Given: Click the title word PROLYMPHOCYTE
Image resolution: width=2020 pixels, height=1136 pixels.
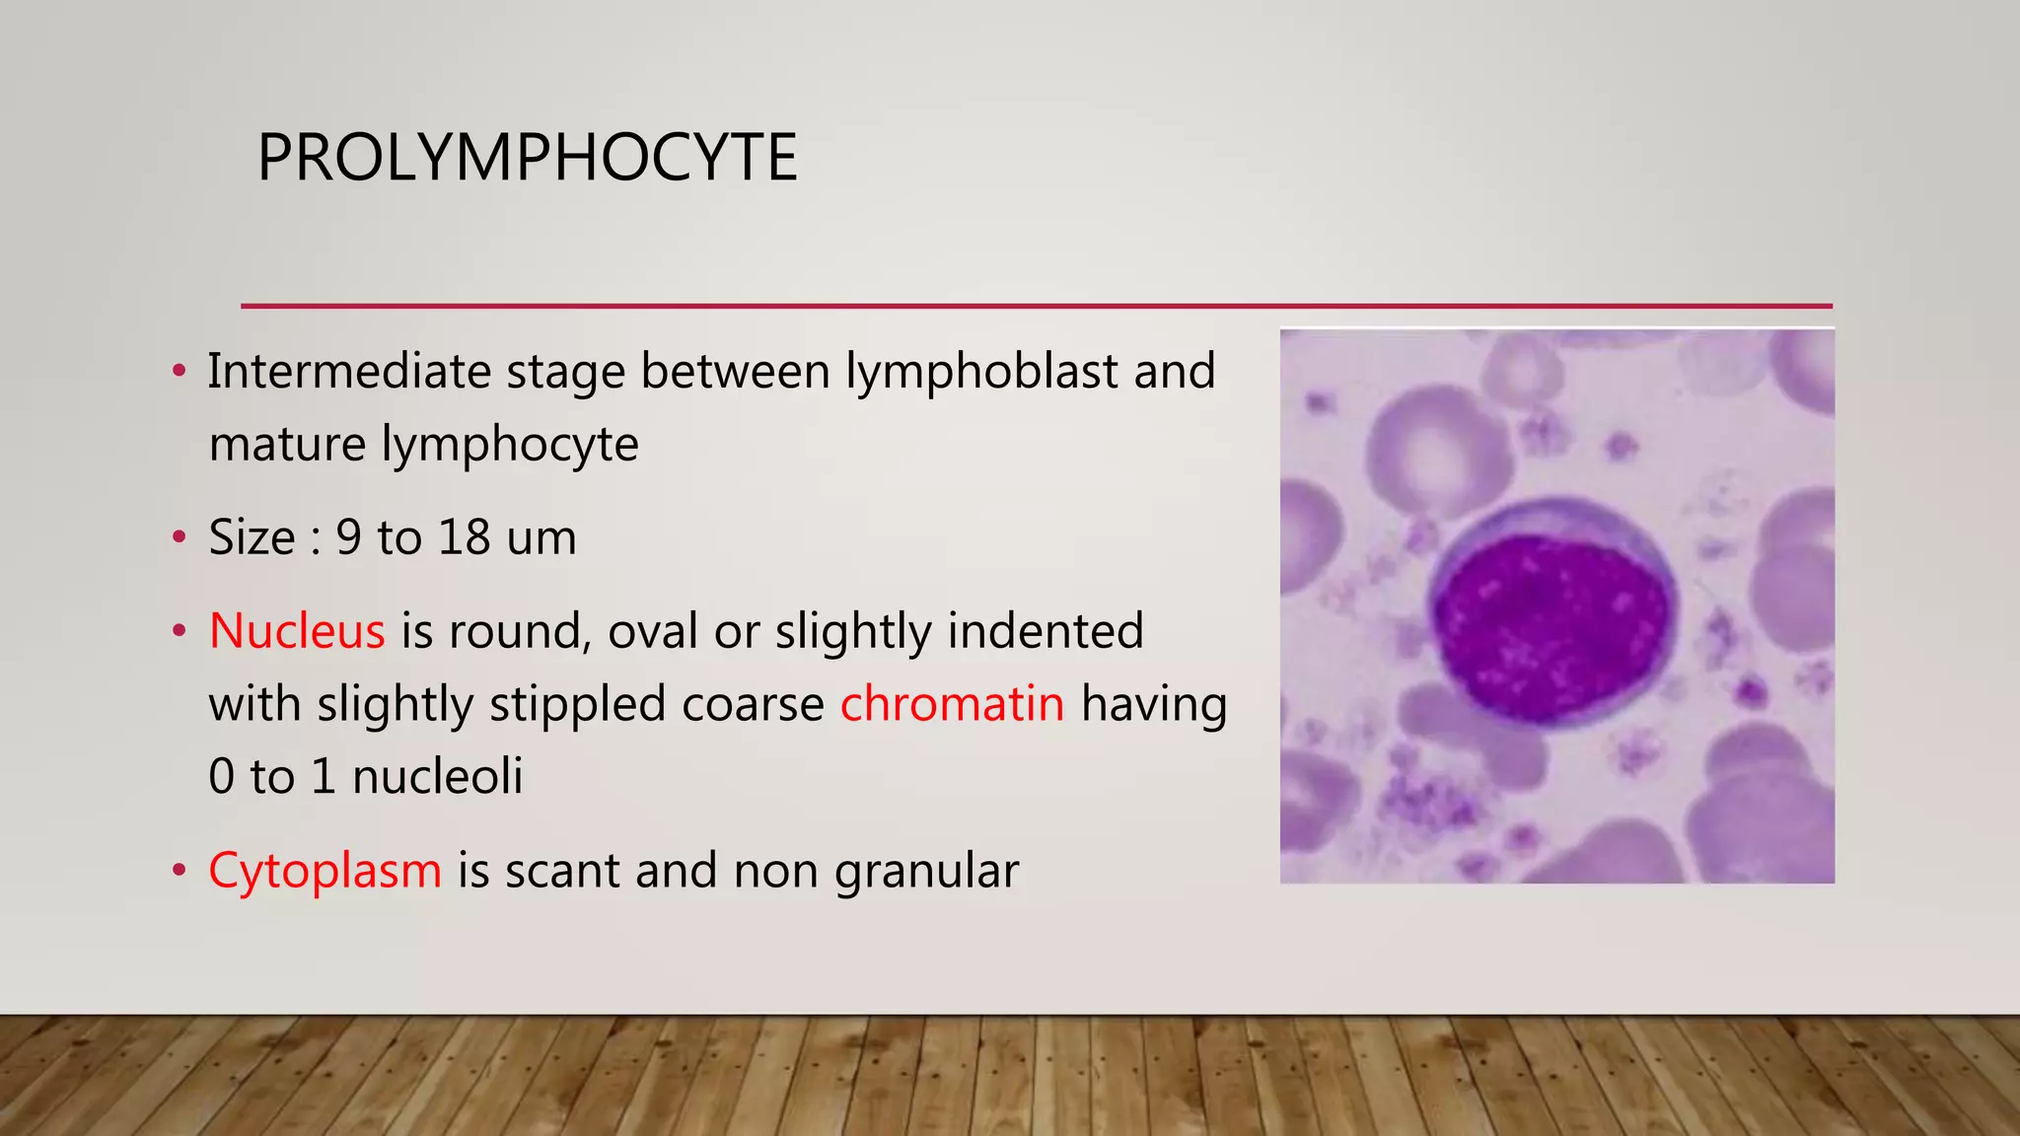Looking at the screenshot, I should [x=527, y=158].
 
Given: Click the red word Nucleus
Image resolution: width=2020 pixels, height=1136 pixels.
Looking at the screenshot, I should [x=297, y=631].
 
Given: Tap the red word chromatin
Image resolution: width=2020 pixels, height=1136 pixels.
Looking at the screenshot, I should [x=952, y=704].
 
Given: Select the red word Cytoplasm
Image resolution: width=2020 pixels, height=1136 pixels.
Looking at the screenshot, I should [x=325, y=871].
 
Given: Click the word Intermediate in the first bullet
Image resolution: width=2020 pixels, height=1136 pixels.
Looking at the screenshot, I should [x=349, y=372].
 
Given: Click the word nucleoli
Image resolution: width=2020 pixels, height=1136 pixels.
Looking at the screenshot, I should [x=437, y=776].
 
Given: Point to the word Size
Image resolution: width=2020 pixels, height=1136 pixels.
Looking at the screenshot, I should [x=252, y=537].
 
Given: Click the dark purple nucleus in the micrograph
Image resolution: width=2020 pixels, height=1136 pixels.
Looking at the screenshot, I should [x=1551, y=627].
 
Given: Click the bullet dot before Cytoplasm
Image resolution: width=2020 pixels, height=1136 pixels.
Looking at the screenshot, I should [x=179, y=871].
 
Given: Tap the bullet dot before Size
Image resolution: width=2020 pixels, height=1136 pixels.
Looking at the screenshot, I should [x=179, y=537].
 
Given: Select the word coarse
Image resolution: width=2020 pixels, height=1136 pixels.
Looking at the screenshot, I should [x=753, y=705].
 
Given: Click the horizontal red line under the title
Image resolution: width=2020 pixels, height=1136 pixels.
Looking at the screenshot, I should [x=1036, y=306].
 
